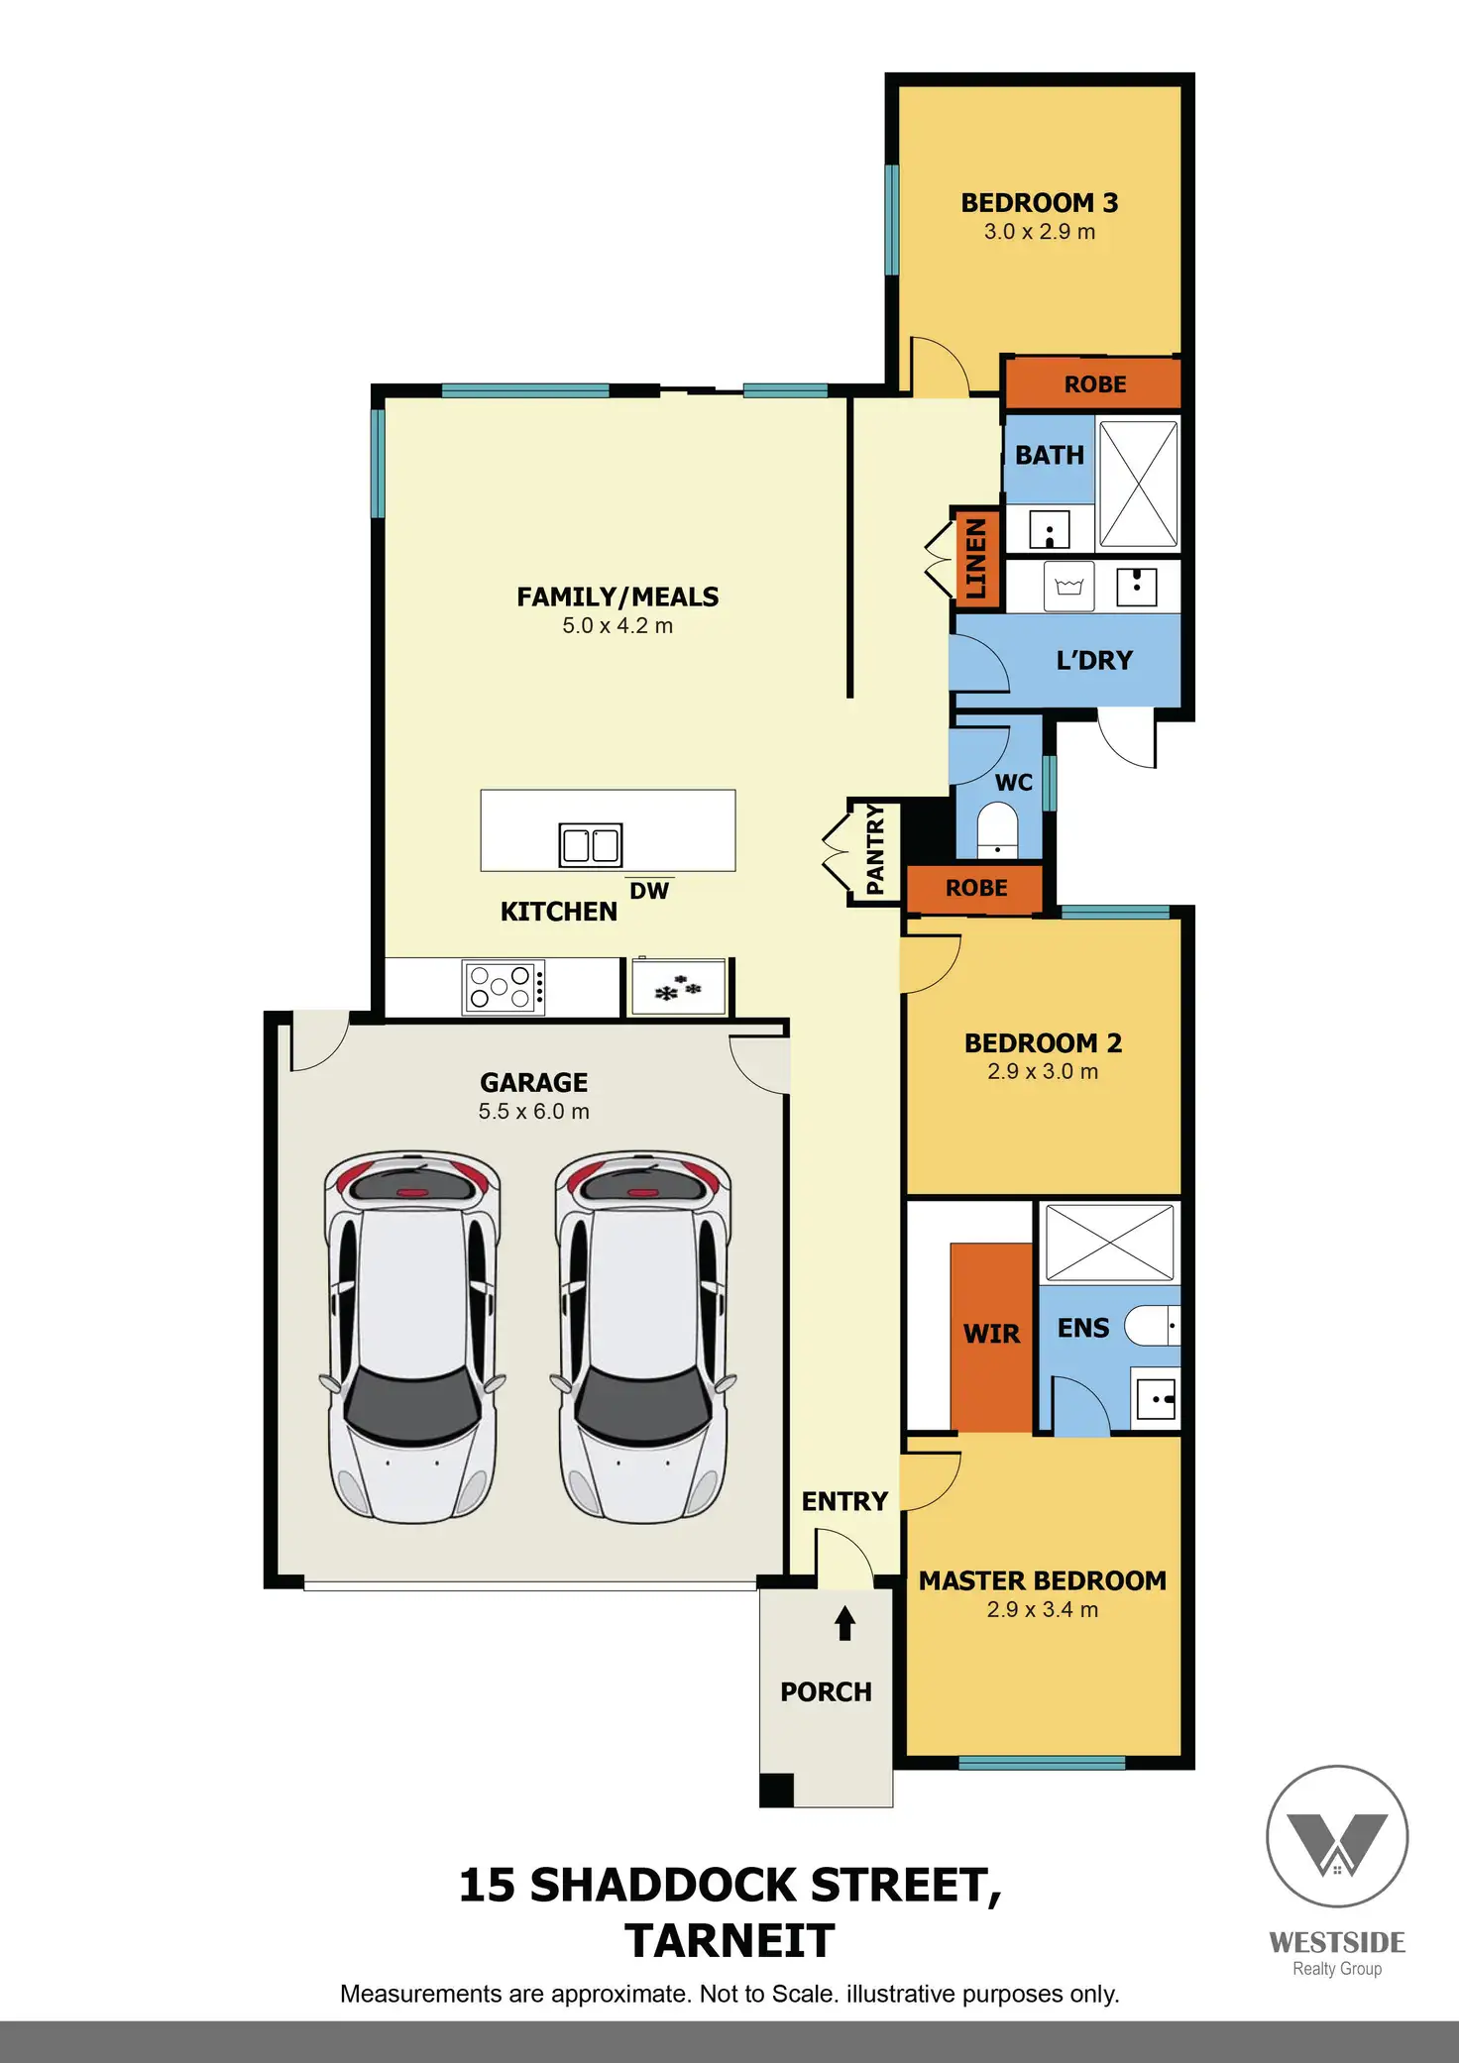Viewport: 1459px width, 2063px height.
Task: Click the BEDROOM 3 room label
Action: click(x=1039, y=203)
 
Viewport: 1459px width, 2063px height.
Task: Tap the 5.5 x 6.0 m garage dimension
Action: click(x=533, y=1112)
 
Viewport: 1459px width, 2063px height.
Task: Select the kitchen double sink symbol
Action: click(x=590, y=845)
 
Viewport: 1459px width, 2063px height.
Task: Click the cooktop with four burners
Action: click(x=504, y=987)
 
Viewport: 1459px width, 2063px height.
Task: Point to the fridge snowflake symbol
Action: click(x=678, y=988)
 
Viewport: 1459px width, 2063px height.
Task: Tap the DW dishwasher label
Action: click(x=649, y=891)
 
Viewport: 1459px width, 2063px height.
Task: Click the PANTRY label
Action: click(x=875, y=851)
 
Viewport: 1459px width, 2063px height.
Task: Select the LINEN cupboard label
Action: click(x=976, y=557)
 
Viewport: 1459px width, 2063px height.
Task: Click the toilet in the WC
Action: click(x=997, y=830)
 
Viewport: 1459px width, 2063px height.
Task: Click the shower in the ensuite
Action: click(x=1109, y=1242)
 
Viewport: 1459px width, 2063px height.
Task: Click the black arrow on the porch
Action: click(x=844, y=1623)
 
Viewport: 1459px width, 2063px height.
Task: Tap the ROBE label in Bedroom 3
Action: click(x=1094, y=384)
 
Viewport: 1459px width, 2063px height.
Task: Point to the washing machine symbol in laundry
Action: click(x=1068, y=587)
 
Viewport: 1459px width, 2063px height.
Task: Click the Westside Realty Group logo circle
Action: click(x=1337, y=1836)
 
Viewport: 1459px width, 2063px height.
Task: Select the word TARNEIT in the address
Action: click(x=729, y=1941)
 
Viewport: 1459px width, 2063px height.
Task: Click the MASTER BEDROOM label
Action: click(x=1042, y=1581)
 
